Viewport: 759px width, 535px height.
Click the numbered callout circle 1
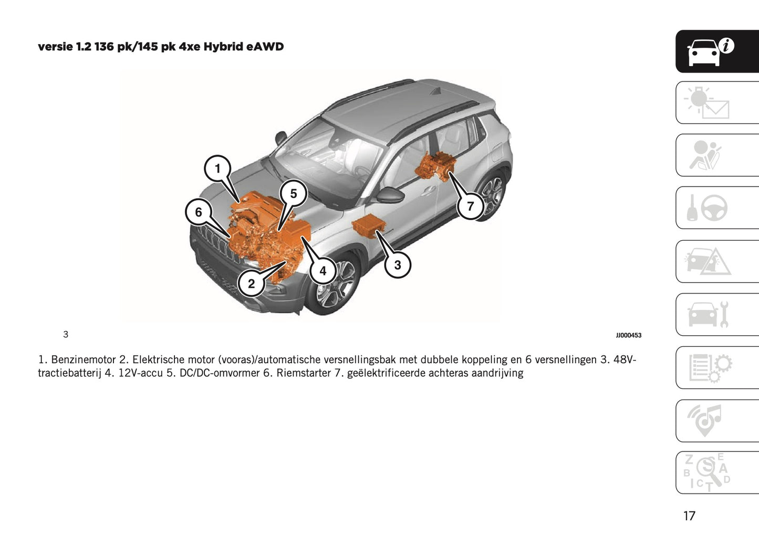point(217,169)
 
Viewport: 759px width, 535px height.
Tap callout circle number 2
point(251,284)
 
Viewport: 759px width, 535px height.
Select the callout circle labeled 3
point(397,265)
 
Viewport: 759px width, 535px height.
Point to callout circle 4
point(323,271)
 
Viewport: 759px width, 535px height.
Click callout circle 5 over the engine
point(293,193)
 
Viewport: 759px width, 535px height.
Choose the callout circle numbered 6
point(199,212)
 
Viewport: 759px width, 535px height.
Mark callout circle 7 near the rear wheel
point(470,206)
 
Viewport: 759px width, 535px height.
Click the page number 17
point(689,516)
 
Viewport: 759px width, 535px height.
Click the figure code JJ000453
point(628,335)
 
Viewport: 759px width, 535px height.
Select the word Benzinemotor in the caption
point(83,360)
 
